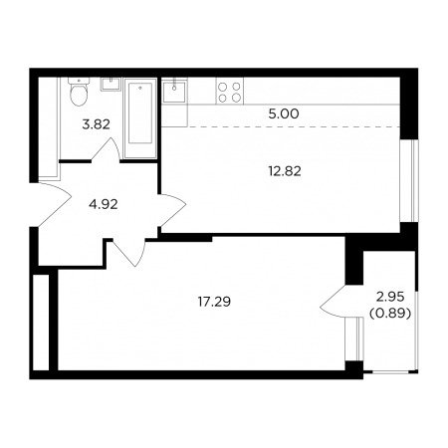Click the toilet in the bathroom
coord(79,92)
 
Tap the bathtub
coord(140,117)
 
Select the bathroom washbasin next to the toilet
coord(111,84)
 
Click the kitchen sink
coord(174,92)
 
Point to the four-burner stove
coord(230,91)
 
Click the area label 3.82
coord(97,124)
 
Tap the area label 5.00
coord(284,114)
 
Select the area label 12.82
coord(285,171)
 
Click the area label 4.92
coord(104,204)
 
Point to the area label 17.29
coord(214,302)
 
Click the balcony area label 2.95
coord(390,297)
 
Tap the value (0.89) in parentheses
coord(390,313)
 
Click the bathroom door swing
coord(106,150)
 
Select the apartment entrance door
coord(55,205)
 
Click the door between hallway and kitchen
coord(172,210)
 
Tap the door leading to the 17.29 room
coord(129,252)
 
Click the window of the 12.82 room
coord(409,180)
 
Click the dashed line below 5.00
coord(281,126)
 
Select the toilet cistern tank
coord(79,81)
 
